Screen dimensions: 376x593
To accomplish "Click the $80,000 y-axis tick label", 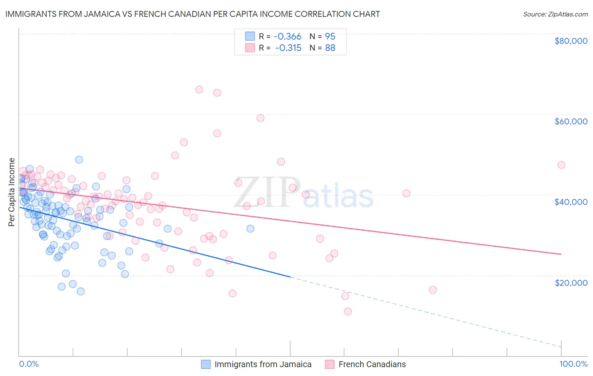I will tap(571, 41).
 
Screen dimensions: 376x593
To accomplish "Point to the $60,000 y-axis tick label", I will tap(571, 121).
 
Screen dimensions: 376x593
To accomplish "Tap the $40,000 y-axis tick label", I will tap(571, 202).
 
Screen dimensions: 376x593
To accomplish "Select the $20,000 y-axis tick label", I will tap(571, 282).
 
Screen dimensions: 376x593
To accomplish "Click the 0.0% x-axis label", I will tap(29, 364).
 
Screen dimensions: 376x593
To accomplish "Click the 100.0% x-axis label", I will tap(573, 364).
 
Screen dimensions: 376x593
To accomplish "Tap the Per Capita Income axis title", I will tap(12, 192).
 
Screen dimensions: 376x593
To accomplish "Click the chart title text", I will tap(192, 14).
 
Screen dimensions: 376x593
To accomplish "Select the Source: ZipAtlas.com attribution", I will tap(555, 14).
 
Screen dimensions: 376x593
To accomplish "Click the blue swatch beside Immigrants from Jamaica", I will tap(205, 364).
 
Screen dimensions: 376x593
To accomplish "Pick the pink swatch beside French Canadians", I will tap(329, 364).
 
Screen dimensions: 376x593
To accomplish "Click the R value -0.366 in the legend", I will tap(288, 36).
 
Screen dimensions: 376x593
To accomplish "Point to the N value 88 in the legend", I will tap(330, 48).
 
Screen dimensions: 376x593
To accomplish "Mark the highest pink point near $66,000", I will tap(199, 89).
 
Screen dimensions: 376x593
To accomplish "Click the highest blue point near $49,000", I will tap(79, 160).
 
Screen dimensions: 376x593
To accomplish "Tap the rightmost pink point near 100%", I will tap(561, 165).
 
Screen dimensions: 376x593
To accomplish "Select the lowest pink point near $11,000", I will tap(348, 312).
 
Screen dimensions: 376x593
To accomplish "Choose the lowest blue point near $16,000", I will tap(81, 291).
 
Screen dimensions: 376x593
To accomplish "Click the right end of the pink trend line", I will tap(561, 254).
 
